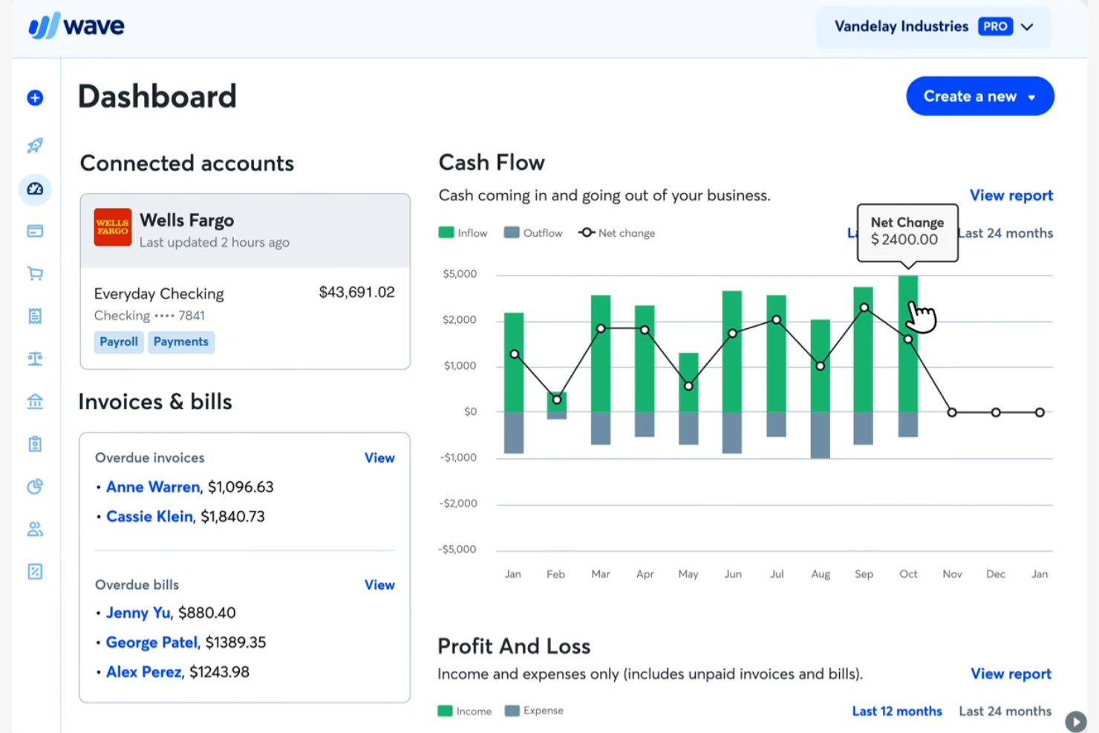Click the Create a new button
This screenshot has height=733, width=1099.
pyautogui.click(x=979, y=97)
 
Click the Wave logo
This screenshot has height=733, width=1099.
pyautogui.click(x=76, y=26)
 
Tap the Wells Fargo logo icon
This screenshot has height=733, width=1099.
pyautogui.click(x=113, y=227)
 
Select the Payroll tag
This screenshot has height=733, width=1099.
pyautogui.click(x=119, y=342)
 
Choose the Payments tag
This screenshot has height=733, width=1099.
pyautogui.click(x=180, y=342)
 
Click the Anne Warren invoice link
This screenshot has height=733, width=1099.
pyautogui.click(x=153, y=487)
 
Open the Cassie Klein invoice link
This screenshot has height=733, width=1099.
pyautogui.click(x=149, y=517)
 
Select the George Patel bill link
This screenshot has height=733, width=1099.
pyautogui.click(x=151, y=642)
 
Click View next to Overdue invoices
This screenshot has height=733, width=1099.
pyautogui.click(x=379, y=458)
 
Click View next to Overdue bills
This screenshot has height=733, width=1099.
pyautogui.click(x=379, y=585)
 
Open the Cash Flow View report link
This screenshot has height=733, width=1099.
pyautogui.click(x=1011, y=195)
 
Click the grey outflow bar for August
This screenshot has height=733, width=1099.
pyautogui.click(x=821, y=434)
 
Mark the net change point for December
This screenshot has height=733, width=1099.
pyautogui.click(x=996, y=412)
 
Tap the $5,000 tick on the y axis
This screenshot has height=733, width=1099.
pyautogui.click(x=460, y=274)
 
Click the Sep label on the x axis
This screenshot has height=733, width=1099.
pyautogui.click(x=864, y=574)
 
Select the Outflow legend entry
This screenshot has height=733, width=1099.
pyautogui.click(x=533, y=233)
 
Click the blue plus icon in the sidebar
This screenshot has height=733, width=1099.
pyautogui.click(x=35, y=98)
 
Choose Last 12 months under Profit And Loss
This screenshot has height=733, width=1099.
pyautogui.click(x=896, y=711)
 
